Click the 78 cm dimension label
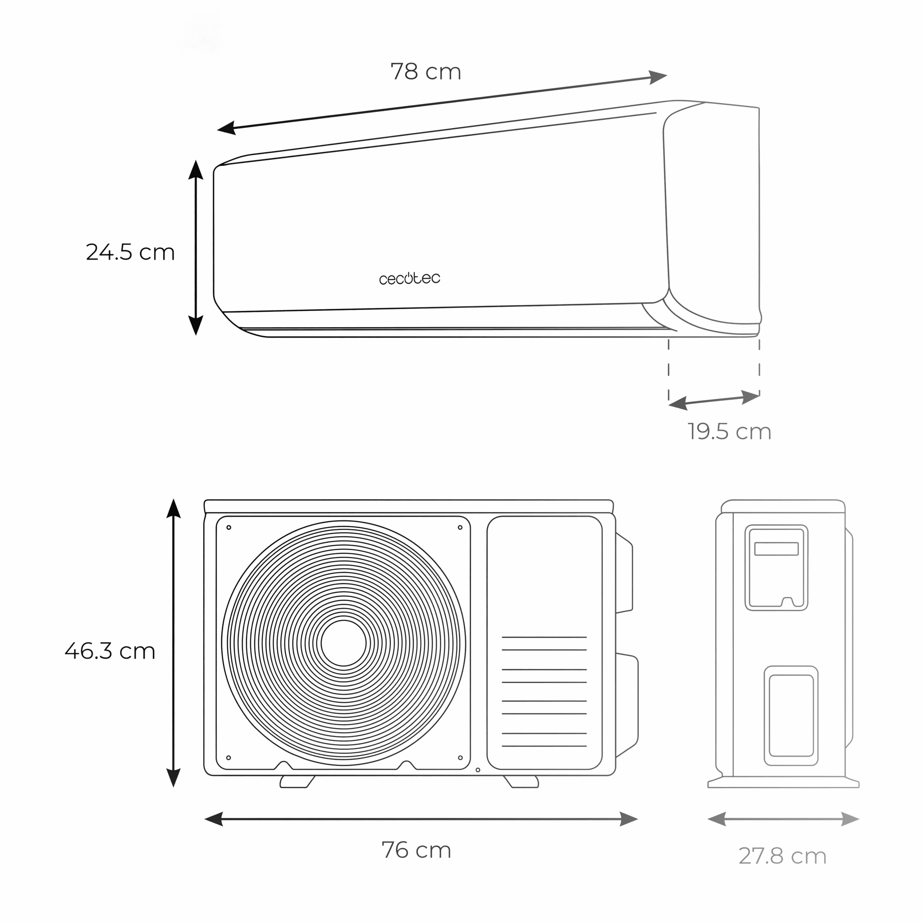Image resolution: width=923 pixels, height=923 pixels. coord(425,72)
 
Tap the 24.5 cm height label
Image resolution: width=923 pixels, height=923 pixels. coord(130,252)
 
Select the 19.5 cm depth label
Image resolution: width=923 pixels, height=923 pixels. coord(730,431)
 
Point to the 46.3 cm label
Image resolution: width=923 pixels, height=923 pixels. coord(110,651)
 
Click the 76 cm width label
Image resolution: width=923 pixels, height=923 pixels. coord(416,850)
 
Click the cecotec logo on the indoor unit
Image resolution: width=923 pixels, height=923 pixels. coord(409,278)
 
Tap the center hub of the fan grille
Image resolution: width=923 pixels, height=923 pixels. coord(343,643)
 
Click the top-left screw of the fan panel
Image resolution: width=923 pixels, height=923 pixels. coord(229,527)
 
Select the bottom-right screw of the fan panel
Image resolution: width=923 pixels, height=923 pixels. coord(460,758)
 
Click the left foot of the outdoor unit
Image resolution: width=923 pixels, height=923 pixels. coord(297,782)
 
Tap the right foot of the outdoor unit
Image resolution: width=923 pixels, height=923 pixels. coord(521,782)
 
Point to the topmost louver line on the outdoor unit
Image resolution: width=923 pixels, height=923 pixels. coord(544,637)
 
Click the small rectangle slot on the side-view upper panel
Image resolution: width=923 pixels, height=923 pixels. coord(777,548)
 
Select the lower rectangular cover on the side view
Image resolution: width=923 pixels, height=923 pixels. coord(790,716)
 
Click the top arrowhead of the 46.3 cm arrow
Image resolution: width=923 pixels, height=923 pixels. coord(174,508)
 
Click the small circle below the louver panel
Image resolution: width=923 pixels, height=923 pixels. coord(478,770)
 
